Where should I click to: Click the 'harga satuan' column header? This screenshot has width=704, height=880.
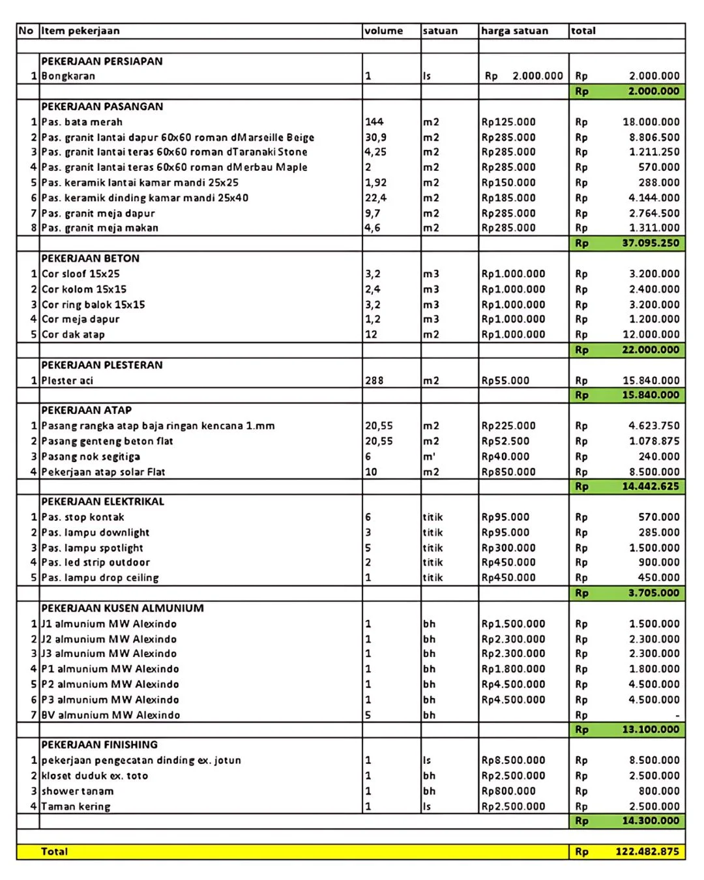pos(514,31)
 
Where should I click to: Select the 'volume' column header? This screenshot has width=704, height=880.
pos(383,31)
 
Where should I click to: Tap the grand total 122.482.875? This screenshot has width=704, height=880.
pos(647,851)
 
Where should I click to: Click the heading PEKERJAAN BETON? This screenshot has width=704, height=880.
pos(90,258)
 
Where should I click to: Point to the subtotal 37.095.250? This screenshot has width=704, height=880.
pos(650,243)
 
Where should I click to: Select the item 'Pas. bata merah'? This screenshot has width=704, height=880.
pos(81,122)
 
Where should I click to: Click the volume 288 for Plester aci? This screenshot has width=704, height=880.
pos(374,380)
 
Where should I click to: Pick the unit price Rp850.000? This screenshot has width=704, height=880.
pos(508,471)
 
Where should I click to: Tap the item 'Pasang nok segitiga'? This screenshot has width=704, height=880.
pos(91,456)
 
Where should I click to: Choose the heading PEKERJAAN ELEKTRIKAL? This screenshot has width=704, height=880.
pos(102,501)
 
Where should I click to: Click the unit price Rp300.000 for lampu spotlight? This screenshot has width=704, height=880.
pos(508,548)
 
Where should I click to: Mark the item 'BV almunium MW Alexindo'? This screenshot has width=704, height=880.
pos(110,715)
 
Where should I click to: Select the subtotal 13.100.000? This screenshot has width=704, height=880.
pos(650,729)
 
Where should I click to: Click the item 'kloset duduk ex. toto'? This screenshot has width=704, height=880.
pos(95,776)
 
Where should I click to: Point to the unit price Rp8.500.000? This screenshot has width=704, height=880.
pos(513,760)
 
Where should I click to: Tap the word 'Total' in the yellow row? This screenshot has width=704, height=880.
pos(54,851)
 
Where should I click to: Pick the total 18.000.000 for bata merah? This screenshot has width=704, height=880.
pos(651,122)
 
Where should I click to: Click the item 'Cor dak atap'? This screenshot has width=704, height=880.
pos(73,334)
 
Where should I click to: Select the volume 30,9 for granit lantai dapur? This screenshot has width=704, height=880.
pos(375,138)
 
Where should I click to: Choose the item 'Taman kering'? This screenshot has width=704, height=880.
pos(76,806)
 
